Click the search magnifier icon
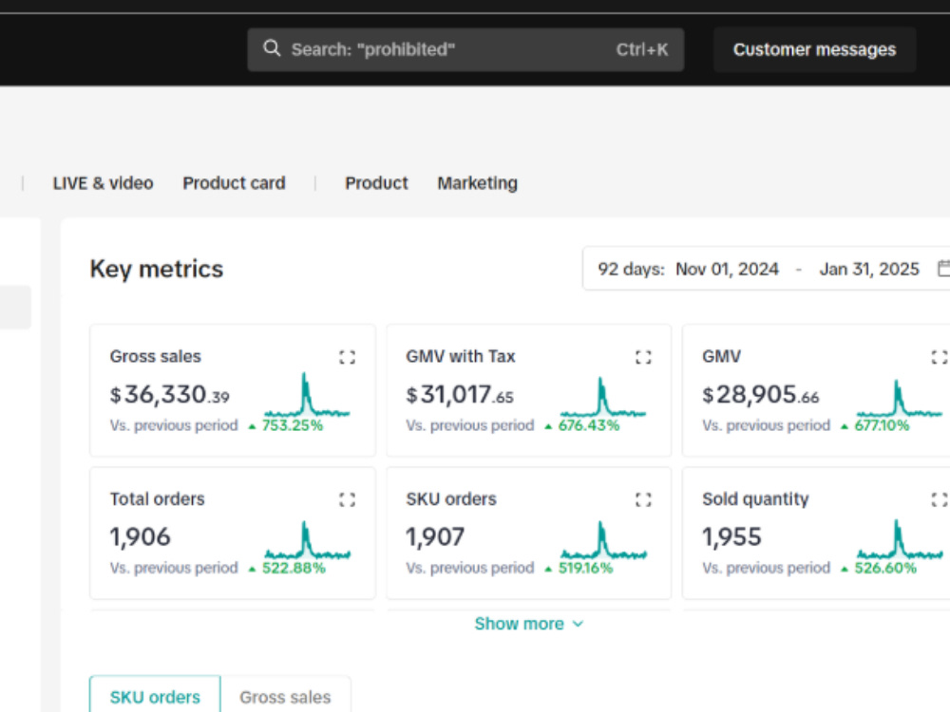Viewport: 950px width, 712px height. pos(272,48)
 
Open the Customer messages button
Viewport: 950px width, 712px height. pos(814,49)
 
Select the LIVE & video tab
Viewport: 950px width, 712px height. pos(103,183)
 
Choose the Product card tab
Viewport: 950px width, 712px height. pos(234,183)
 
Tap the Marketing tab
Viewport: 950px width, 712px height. pos(478,183)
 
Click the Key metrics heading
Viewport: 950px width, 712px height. pos(157,269)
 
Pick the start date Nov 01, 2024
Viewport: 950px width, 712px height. pos(727,269)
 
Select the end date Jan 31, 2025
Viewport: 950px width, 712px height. pos(869,269)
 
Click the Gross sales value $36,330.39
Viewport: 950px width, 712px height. pos(170,395)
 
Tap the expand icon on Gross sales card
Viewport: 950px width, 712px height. pos(347,357)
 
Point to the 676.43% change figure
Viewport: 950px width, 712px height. pos(589,425)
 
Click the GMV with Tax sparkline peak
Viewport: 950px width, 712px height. pos(601,379)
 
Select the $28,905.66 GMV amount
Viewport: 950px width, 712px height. pos(761,395)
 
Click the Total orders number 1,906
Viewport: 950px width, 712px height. pos(140,537)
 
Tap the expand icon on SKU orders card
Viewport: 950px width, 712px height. pos(643,499)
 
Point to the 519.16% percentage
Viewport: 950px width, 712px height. pos(585,568)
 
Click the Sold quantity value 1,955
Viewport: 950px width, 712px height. pos(731,537)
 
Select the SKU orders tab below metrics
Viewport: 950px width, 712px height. pos(155,696)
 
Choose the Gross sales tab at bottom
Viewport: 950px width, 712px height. pos(285,696)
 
